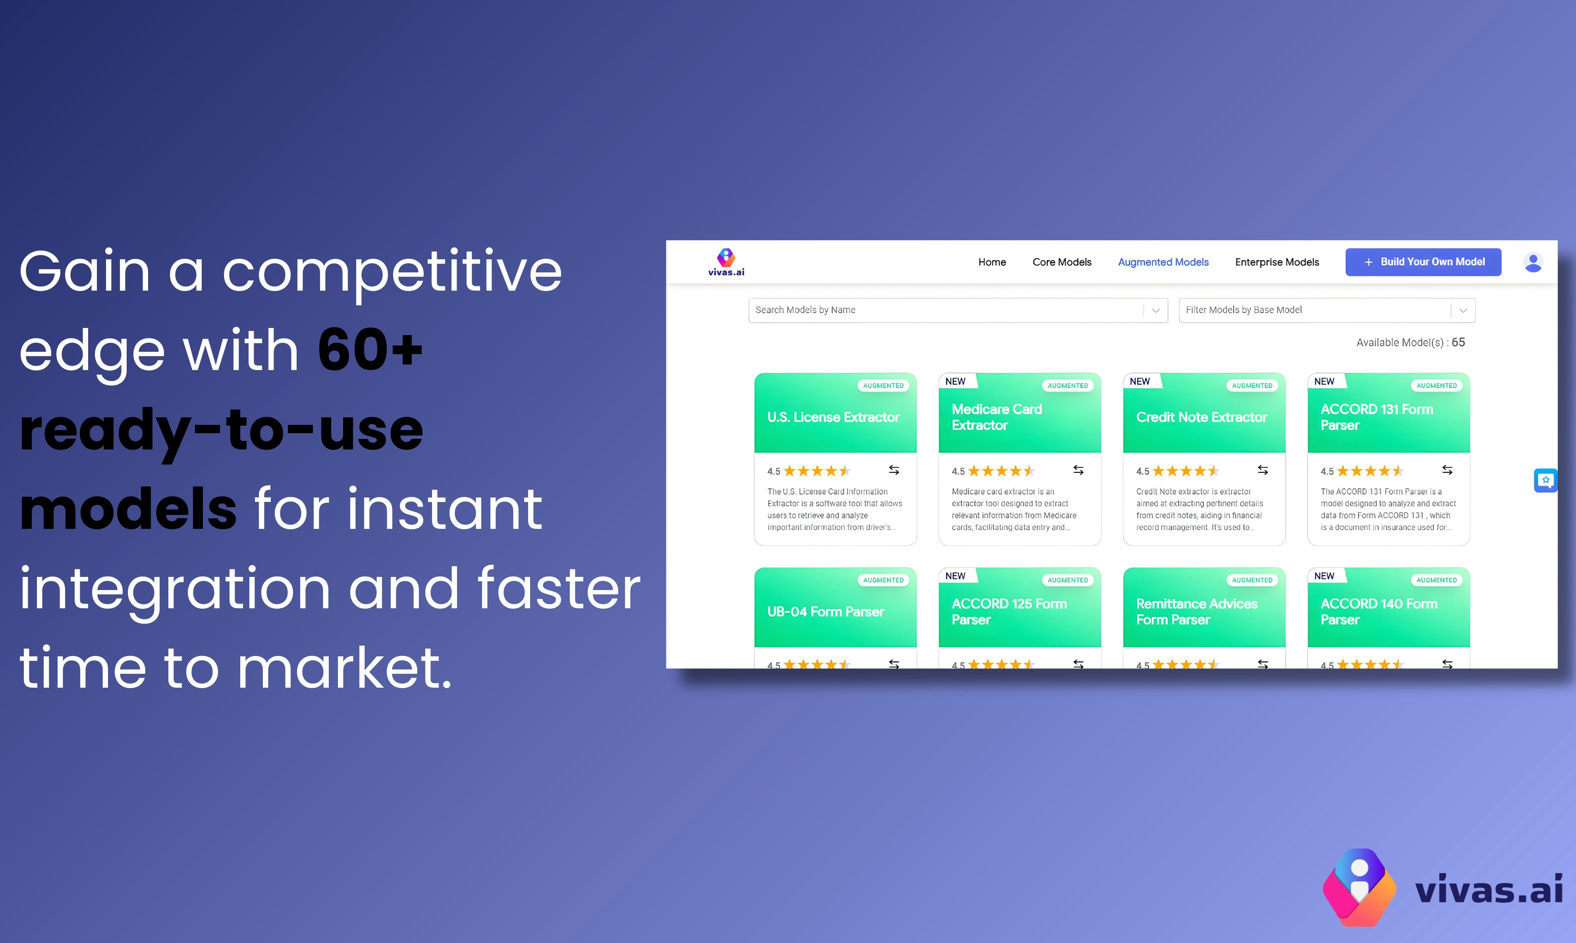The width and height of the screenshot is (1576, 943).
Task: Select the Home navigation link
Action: pyautogui.click(x=992, y=262)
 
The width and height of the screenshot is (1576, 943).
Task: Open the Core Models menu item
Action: pyautogui.click(x=1062, y=262)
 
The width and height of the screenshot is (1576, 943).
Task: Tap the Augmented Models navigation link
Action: pyautogui.click(x=1163, y=262)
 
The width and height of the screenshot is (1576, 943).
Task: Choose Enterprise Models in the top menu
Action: pyautogui.click(x=1277, y=262)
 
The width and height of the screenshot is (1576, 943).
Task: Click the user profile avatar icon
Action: pyautogui.click(x=1533, y=262)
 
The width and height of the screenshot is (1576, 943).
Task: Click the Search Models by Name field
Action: pyautogui.click(x=947, y=310)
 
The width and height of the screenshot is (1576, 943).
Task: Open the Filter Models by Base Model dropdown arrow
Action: pyautogui.click(x=1463, y=310)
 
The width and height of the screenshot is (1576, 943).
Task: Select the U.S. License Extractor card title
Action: pyautogui.click(x=833, y=417)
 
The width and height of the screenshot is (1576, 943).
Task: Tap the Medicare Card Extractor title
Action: pyautogui.click(x=996, y=417)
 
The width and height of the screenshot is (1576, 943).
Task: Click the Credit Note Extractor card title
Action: pyautogui.click(x=1201, y=417)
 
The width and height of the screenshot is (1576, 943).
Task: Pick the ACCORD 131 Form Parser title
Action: pyautogui.click(x=1376, y=417)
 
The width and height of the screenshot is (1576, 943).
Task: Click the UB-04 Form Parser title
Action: pyautogui.click(x=826, y=611)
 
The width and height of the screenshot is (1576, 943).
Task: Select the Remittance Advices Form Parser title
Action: pyautogui.click(x=1197, y=611)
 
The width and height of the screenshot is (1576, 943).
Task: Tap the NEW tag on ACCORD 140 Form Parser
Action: pyautogui.click(x=1324, y=576)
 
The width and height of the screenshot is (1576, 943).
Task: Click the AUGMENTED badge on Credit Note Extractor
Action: pyautogui.click(x=1252, y=386)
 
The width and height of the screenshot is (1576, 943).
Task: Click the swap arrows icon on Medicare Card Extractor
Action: pyautogui.click(x=1078, y=470)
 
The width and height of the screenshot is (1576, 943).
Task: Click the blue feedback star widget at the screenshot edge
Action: pyautogui.click(x=1545, y=480)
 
